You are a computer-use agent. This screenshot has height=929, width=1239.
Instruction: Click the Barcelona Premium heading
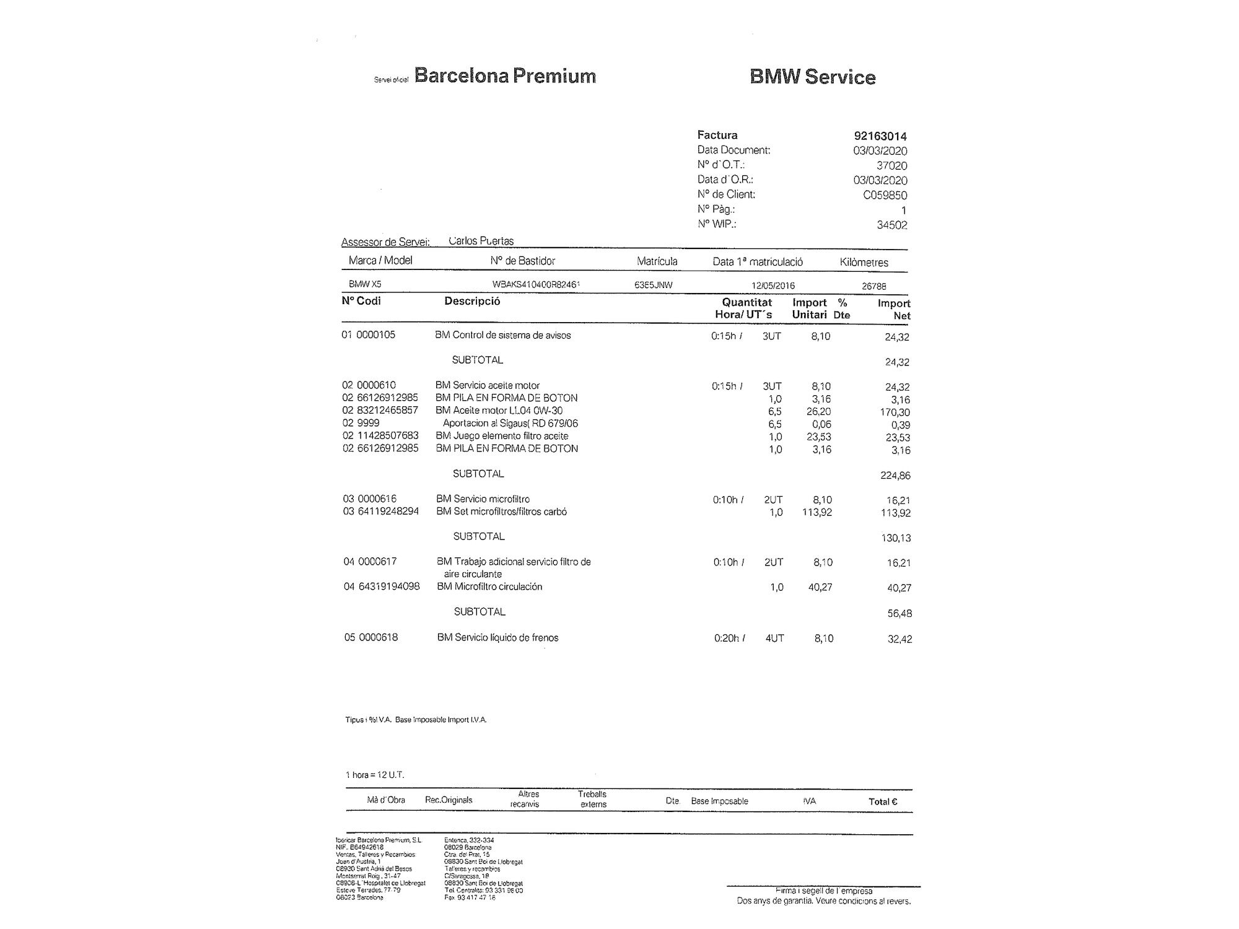click(x=505, y=76)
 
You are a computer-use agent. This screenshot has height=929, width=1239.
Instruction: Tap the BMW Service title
click(x=812, y=77)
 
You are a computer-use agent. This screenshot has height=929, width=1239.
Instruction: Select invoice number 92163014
click(x=880, y=136)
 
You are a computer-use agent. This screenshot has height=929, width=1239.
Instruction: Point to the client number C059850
click(x=885, y=195)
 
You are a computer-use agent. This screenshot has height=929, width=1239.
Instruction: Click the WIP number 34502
click(x=891, y=225)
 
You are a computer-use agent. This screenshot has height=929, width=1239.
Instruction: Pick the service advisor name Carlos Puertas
click(x=481, y=241)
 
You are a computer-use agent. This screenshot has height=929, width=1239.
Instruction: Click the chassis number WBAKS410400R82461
click(x=536, y=285)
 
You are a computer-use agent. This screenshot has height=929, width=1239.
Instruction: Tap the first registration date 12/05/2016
click(x=773, y=286)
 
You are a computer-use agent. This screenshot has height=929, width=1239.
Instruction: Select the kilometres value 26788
click(x=873, y=286)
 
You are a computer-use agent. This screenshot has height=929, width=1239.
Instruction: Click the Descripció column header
click(x=472, y=302)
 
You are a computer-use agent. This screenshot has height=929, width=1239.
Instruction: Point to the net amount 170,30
click(x=895, y=412)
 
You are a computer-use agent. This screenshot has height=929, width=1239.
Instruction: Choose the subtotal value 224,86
click(x=895, y=476)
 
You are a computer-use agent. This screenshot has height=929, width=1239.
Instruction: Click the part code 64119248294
click(x=388, y=512)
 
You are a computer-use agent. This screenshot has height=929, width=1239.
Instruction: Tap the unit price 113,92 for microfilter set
click(x=817, y=512)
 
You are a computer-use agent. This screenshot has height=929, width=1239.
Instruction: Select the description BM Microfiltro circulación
click(x=489, y=587)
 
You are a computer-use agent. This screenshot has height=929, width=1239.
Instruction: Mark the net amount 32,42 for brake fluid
click(x=900, y=639)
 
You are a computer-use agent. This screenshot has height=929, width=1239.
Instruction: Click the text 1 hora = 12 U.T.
click(x=375, y=775)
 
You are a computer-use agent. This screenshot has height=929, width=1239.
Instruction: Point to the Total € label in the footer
click(x=883, y=801)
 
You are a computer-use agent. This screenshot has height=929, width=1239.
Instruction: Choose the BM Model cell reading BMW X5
click(x=365, y=284)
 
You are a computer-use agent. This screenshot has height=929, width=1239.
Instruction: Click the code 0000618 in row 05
click(x=379, y=637)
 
